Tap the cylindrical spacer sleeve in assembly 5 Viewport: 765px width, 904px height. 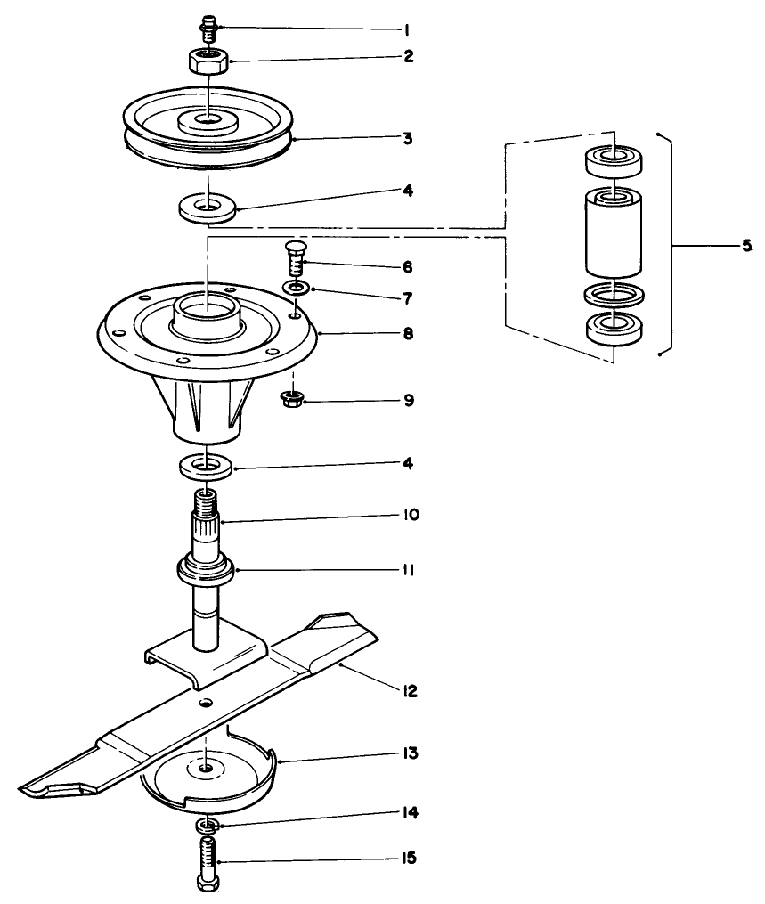614,231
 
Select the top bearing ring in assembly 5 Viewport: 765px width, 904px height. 614,159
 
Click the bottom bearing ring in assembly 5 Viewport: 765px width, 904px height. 614,327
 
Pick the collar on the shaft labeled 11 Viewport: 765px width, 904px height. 207,568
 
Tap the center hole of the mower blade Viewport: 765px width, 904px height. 206,703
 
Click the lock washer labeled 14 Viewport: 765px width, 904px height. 207,825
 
